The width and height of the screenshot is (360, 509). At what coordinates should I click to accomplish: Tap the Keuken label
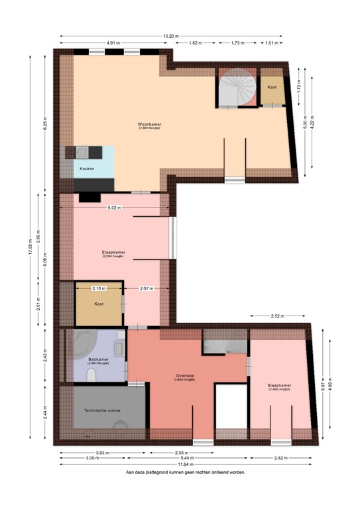87,169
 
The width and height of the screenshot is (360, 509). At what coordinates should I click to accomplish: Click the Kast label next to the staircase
272,87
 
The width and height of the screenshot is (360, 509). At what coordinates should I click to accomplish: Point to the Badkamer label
98,360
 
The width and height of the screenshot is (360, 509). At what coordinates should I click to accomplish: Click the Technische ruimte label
102,411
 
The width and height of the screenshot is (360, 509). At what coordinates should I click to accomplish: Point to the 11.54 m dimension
186,464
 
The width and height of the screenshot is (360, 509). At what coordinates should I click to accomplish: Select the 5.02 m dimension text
116,207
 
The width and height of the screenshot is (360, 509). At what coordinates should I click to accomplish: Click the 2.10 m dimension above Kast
99,288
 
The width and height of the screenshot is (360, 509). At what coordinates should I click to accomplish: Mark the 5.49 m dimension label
186,458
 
